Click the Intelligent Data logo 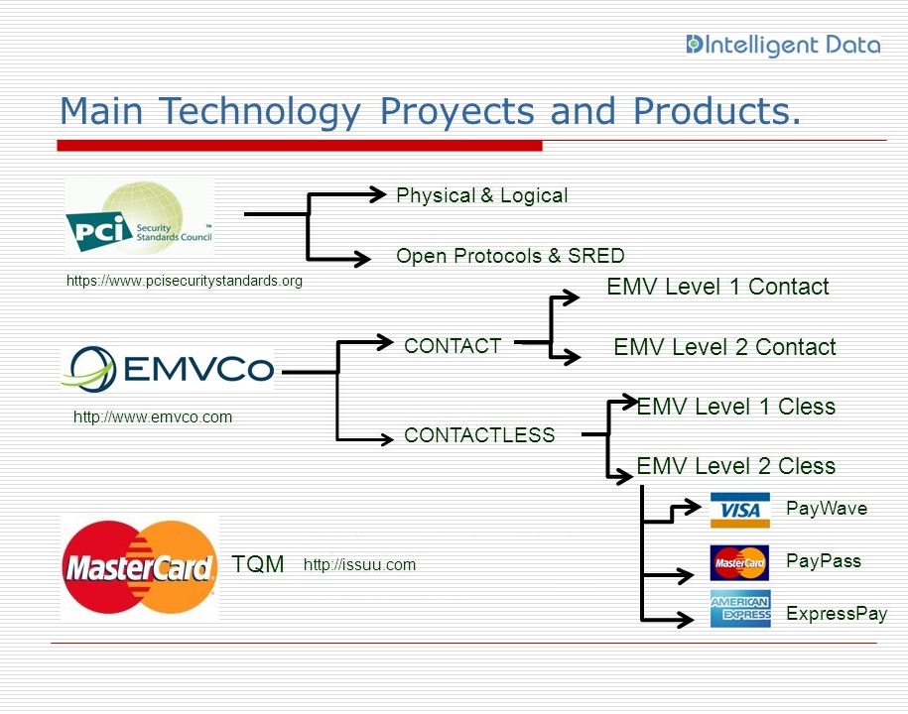[x=783, y=45]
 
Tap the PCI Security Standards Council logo [x=139, y=218]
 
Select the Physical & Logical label [x=481, y=195]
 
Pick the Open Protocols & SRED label [x=510, y=256]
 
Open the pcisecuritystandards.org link [x=184, y=281]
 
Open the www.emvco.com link [x=153, y=416]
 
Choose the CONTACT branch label [x=453, y=346]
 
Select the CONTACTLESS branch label [x=479, y=434]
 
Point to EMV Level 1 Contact [x=717, y=287]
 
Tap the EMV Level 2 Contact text [x=724, y=347]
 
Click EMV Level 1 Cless [x=736, y=407]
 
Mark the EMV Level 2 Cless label [x=736, y=466]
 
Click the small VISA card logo [x=739, y=510]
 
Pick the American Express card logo [x=739, y=609]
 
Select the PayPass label [x=824, y=560]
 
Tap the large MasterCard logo [x=140, y=568]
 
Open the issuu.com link [x=359, y=565]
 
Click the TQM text [x=258, y=564]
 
